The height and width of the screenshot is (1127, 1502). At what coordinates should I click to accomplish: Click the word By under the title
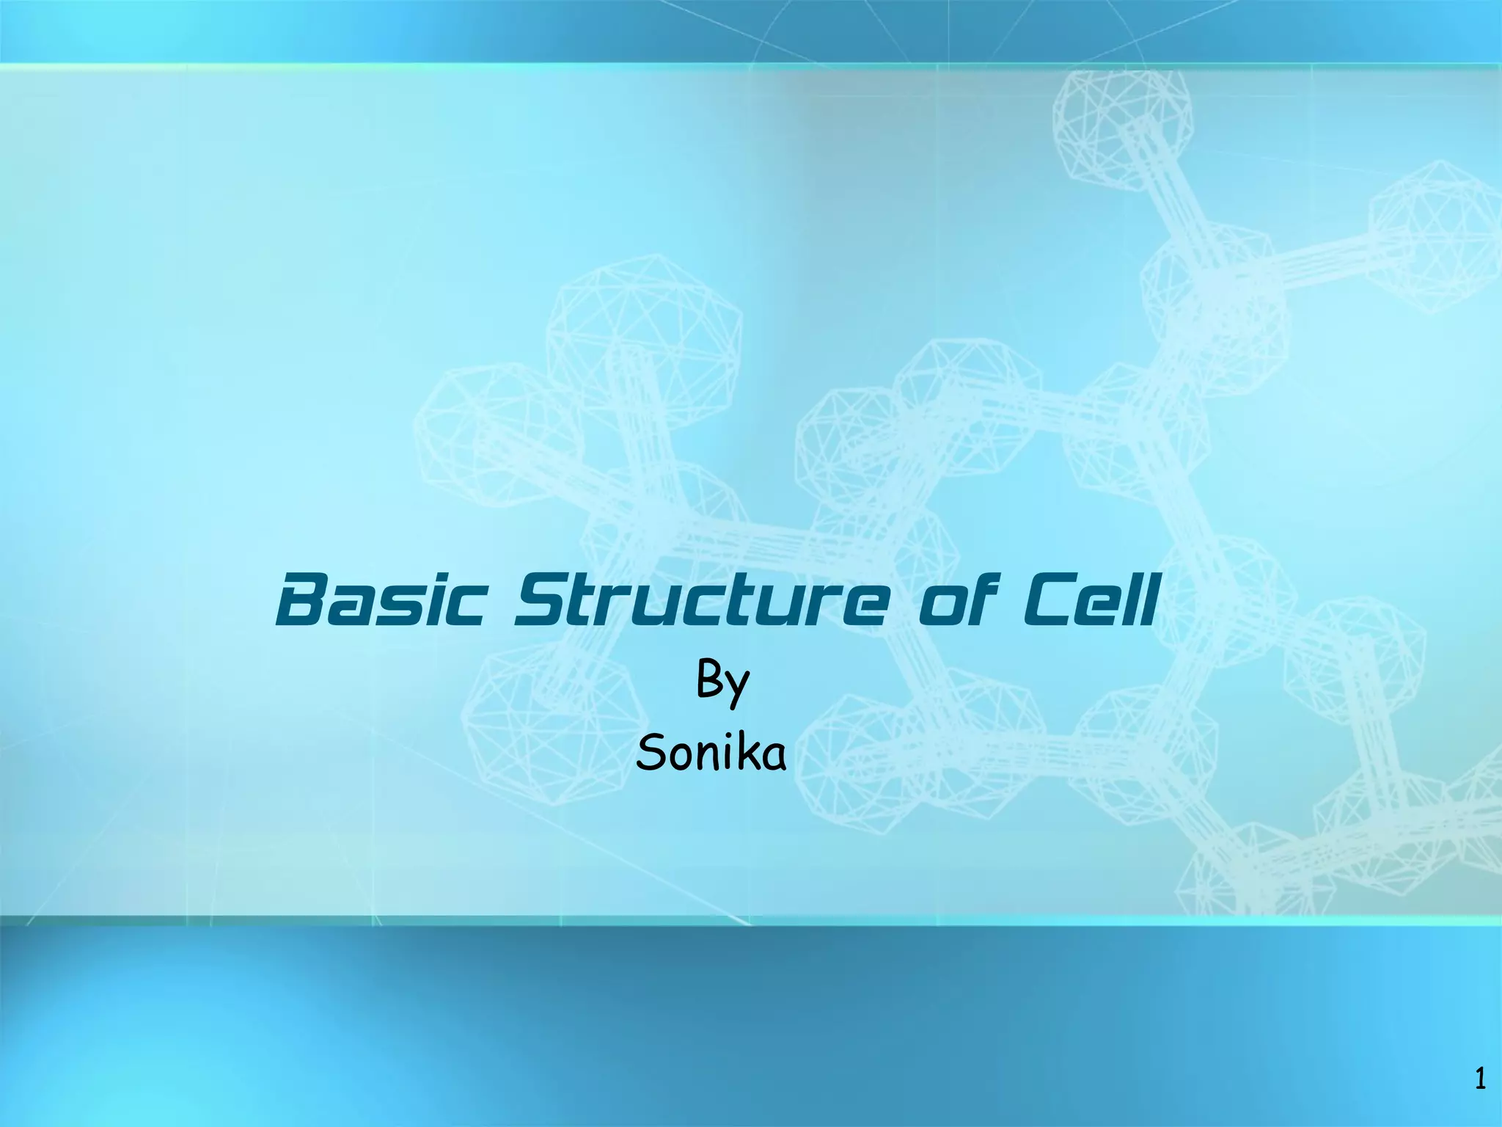[x=722, y=682]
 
